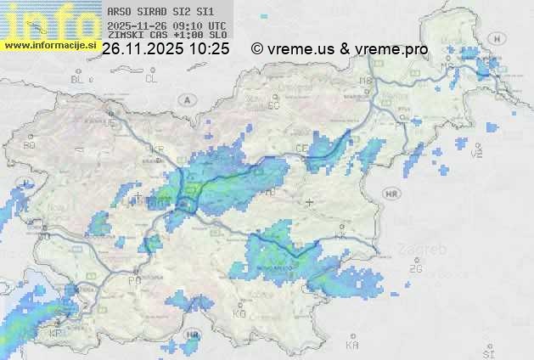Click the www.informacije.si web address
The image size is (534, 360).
point(48,45)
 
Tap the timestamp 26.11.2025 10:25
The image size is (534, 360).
point(165,49)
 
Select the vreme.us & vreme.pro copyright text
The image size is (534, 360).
point(340,49)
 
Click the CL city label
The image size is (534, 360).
point(151,79)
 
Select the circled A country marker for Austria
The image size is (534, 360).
point(186,99)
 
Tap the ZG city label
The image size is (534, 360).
point(415,269)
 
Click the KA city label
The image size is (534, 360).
point(352,345)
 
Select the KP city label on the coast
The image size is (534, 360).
point(55,333)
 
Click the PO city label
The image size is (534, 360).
point(133,280)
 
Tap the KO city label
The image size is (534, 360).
point(239,313)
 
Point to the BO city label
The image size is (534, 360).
point(30,145)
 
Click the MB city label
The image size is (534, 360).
point(366,81)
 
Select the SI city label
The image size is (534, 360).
point(487,352)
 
